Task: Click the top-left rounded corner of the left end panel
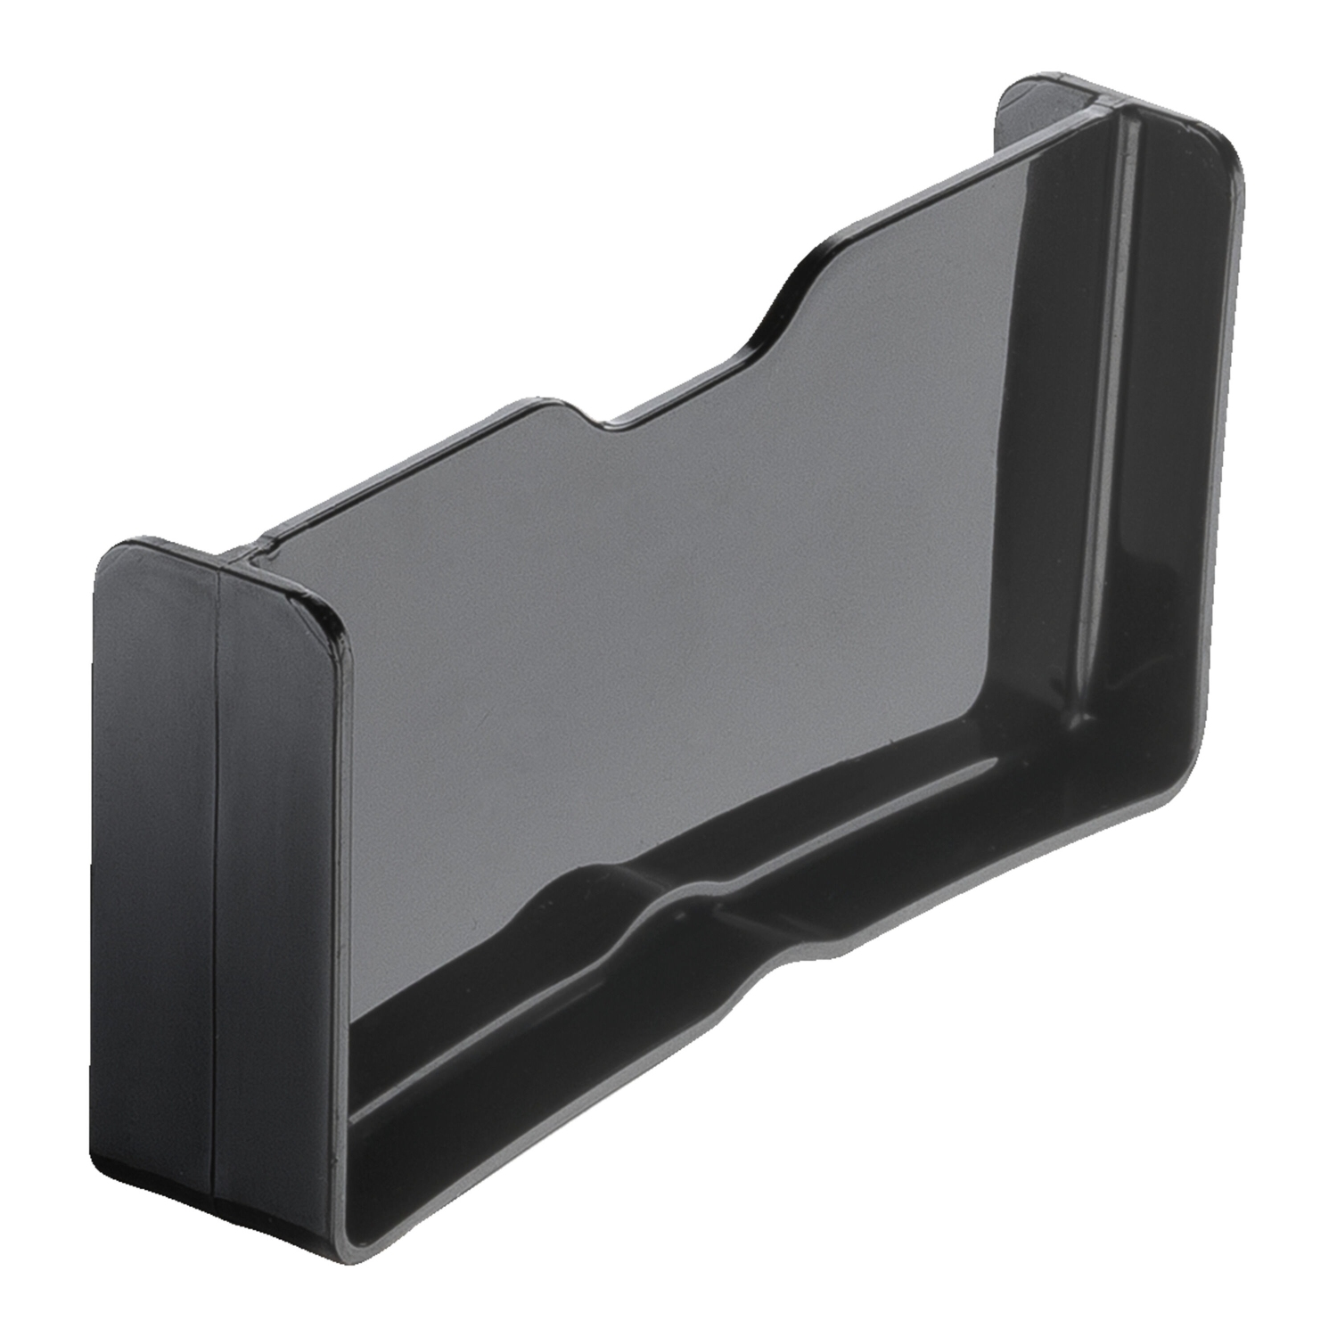(107, 557)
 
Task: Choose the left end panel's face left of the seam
(156, 847)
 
